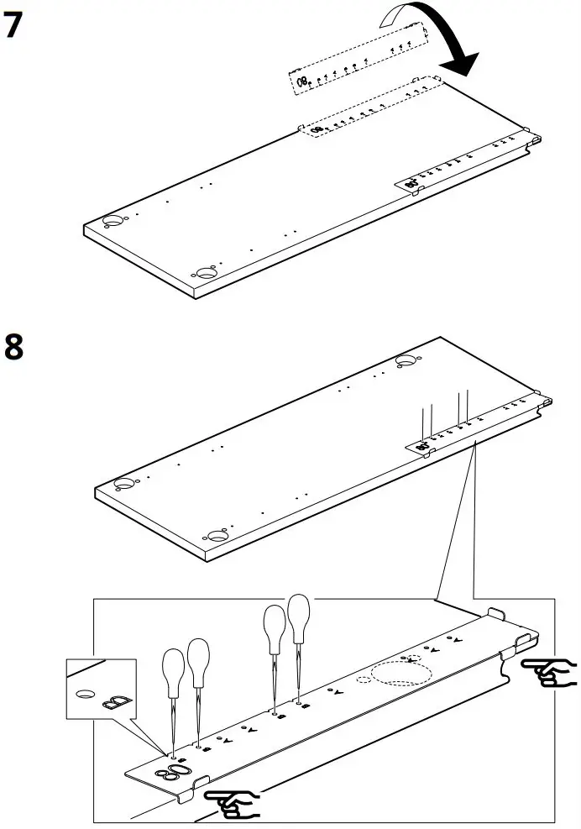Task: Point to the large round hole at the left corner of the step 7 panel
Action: pyautogui.click(x=111, y=221)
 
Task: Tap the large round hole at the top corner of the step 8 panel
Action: pyautogui.click(x=406, y=360)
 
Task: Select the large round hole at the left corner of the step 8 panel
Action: pyautogui.click(x=123, y=484)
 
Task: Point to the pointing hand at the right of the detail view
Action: pyautogui.click(x=549, y=672)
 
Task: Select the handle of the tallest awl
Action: pyautogui.click(x=298, y=619)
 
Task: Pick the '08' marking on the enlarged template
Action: pyautogui.click(x=179, y=770)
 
